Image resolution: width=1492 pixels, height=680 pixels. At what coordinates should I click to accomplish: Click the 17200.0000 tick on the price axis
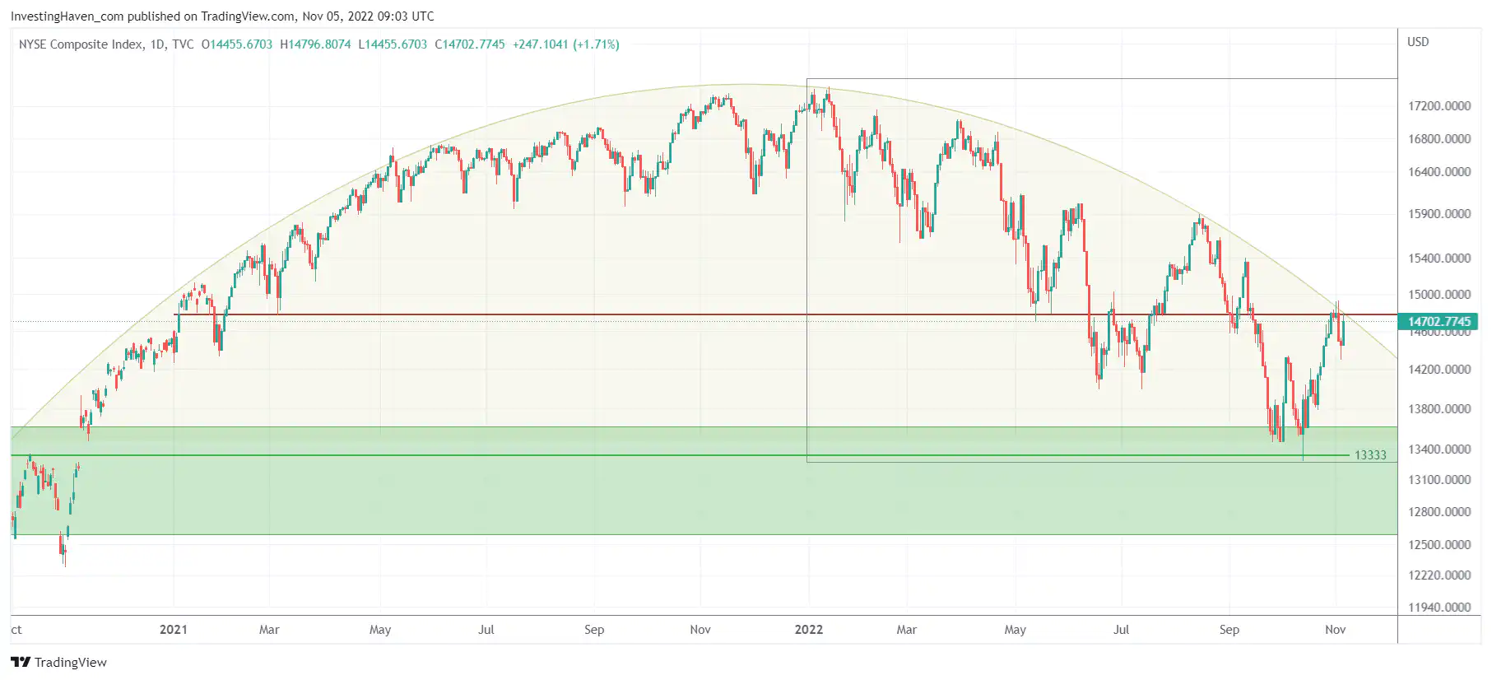(x=1439, y=106)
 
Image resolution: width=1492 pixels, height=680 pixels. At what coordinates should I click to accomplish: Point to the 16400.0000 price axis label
(x=1439, y=172)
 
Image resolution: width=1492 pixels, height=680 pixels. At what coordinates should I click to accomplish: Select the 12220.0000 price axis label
(x=1439, y=575)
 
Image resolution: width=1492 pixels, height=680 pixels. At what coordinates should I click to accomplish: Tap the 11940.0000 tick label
(x=1439, y=608)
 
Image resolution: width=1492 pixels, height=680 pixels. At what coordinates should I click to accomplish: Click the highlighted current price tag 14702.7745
(x=1439, y=322)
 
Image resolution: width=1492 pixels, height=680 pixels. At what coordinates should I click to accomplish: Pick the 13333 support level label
(x=1370, y=455)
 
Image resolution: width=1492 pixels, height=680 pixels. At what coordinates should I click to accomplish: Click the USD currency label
(x=1418, y=42)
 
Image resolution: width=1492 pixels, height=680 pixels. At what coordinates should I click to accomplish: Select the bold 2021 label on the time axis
(x=173, y=630)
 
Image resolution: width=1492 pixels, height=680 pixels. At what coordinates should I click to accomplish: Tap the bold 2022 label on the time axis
(x=808, y=630)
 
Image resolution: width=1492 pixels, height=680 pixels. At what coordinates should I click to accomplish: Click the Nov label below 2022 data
(x=1335, y=630)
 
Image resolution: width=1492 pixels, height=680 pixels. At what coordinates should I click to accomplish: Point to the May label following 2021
(x=380, y=630)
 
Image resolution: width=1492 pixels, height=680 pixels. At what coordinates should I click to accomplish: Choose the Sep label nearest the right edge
(x=1229, y=630)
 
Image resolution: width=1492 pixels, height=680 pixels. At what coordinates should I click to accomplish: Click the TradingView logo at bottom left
(x=59, y=663)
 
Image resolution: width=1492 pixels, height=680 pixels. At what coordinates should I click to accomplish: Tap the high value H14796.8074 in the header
(x=315, y=44)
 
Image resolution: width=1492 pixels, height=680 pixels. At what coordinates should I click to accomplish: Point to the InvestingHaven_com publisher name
(x=67, y=16)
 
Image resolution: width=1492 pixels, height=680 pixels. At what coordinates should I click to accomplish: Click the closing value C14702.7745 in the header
(x=469, y=44)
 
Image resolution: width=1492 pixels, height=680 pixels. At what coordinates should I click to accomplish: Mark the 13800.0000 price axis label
(x=1439, y=409)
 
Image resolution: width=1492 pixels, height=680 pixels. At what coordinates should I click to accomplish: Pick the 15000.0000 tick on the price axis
(x=1439, y=295)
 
